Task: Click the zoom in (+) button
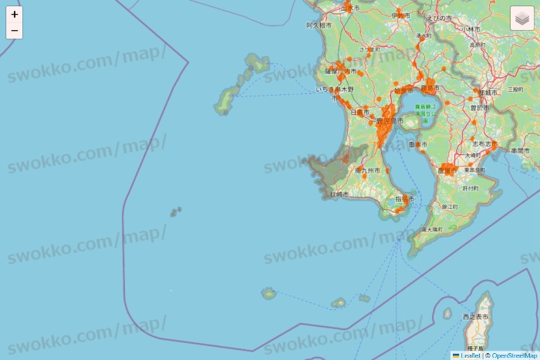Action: coord(14,14)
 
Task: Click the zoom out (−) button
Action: coord(14,31)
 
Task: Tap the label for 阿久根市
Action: coord(319,25)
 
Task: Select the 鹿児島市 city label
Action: coord(390,121)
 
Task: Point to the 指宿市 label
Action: coord(404,199)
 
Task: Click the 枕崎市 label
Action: coord(339,194)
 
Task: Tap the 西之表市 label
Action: coord(475,317)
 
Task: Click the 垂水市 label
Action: coord(417,144)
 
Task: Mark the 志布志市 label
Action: coord(481,143)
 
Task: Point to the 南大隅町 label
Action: coord(432,230)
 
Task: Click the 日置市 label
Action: coord(359,113)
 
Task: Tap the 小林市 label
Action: coord(471,29)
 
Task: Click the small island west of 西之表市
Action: coord(447,313)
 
